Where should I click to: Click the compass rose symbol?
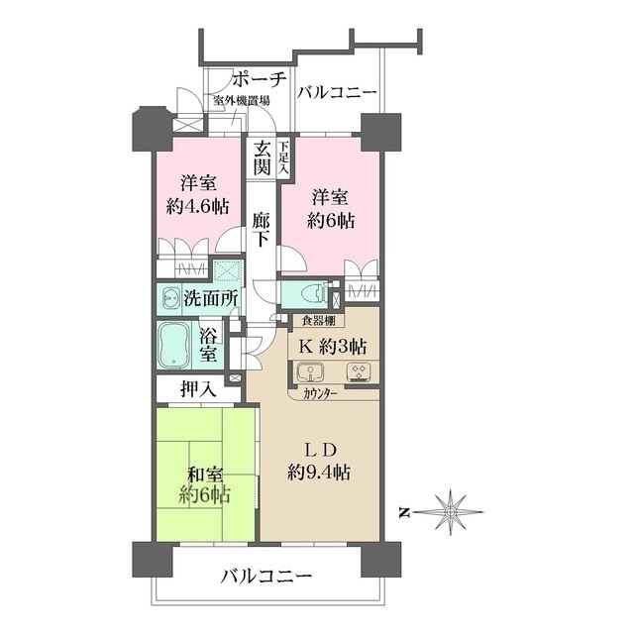point(450,512)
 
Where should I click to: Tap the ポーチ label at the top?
point(261,79)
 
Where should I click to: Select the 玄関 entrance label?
point(262,158)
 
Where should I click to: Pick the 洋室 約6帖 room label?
point(328,207)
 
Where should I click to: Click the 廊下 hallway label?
point(262,230)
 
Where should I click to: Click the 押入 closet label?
point(198,389)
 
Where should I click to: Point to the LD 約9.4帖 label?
point(319,460)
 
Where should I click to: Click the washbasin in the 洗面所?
point(171,297)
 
